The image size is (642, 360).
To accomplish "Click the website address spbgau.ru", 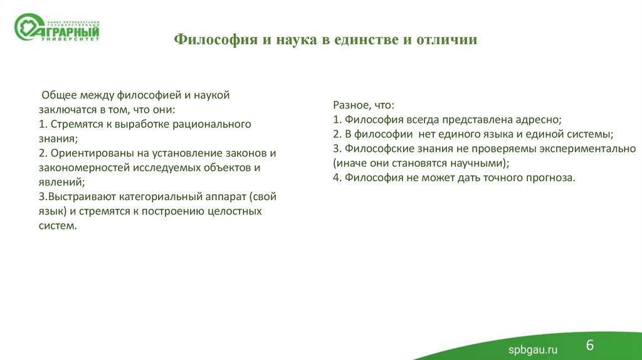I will (532, 349).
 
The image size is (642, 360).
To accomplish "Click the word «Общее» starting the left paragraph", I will (58, 95).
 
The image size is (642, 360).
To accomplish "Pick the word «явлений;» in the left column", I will (60, 182).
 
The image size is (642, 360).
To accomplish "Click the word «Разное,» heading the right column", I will (352, 105).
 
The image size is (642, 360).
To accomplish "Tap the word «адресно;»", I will (539, 119).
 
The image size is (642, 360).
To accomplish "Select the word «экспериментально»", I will (589, 149).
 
